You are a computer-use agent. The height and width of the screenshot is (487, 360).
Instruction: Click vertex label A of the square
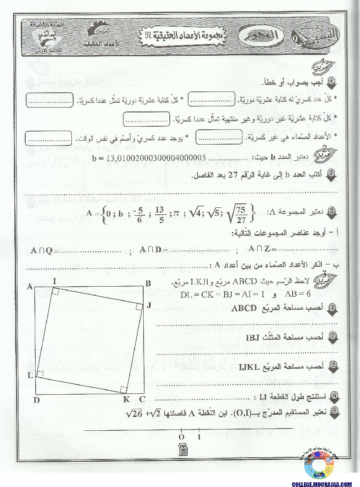[x=30, y=286]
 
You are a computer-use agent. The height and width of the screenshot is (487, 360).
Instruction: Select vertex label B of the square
[x=148, y=284]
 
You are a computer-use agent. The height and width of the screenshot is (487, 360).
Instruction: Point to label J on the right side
[x=149, y=305]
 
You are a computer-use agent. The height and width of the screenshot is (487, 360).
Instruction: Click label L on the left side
[x=30, y=375]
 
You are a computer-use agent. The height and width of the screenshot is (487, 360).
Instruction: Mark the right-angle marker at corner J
[x=139, y=308]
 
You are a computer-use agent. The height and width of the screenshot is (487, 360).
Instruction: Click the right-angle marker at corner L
[x=40, y=374]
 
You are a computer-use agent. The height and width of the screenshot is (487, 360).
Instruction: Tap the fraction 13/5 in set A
[x=159, y=214]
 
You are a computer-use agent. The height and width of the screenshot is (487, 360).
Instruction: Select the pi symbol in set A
[x=176, y=213]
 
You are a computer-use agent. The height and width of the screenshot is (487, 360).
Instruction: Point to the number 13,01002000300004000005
[x=156, y=157]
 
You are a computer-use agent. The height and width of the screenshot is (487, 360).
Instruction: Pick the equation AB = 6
[x=295, y=294]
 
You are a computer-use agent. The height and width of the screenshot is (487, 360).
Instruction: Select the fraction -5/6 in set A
[x=139, y=214]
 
